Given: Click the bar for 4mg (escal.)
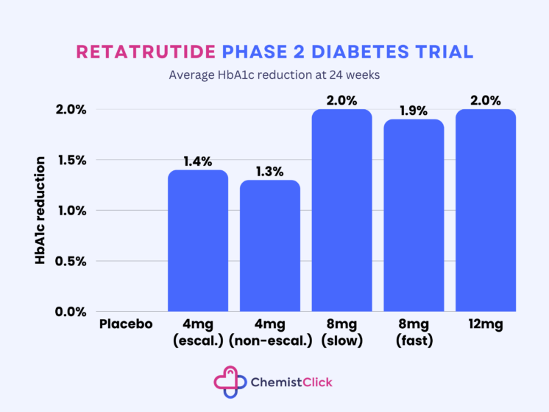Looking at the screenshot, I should click(x=198, y=240).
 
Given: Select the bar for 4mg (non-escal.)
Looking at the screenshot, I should click(x=270, y=245).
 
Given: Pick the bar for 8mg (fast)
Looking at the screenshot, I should click(x=414, y=215).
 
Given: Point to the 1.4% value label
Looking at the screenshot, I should click(x=198, y=160).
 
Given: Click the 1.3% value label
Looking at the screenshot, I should click(x=270, y=170).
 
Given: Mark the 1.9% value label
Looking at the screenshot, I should click(x=414, y=110).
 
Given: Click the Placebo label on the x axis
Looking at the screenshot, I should click(x=126, y=324).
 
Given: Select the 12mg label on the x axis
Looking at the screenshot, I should click(x=486, y=324).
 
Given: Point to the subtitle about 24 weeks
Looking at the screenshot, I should click(x=274, y=74).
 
